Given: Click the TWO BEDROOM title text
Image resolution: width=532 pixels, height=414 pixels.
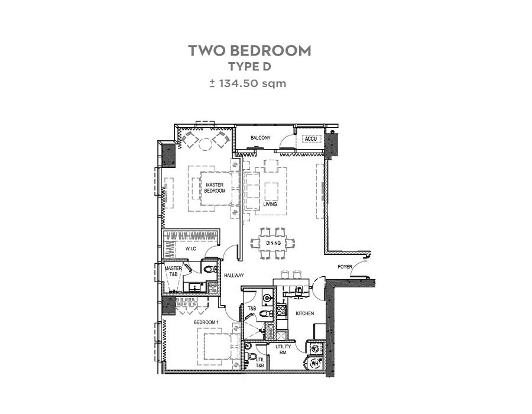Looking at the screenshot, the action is [249, 50].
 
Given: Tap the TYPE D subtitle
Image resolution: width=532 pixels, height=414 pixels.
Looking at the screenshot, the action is [249, 66].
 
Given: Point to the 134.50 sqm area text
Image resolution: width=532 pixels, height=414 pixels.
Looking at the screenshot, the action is [252, 83].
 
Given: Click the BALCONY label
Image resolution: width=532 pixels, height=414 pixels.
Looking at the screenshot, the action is [261, 138].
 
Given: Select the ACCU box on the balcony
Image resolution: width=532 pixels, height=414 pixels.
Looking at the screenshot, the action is [311, 139].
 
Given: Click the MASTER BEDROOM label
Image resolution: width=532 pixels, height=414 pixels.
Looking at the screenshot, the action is [215, 188].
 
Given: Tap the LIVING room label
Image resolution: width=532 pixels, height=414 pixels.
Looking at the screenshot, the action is [270, 204].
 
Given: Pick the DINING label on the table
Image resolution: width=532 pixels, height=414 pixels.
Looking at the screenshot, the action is [274, 243].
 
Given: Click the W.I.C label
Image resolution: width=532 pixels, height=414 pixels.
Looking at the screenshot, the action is [191, 249].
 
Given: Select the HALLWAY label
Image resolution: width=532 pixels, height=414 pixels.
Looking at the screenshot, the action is [233, 276].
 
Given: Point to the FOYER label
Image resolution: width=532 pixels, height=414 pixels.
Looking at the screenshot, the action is [345, 267].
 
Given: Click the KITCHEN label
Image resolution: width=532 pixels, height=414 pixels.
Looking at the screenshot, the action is [304, 313].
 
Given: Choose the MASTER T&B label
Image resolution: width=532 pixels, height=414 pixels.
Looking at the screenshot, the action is [173, 271].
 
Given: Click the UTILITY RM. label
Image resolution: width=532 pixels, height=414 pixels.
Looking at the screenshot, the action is [283, 350].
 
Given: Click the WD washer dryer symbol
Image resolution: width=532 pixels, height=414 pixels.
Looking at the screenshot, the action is [315, 348].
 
